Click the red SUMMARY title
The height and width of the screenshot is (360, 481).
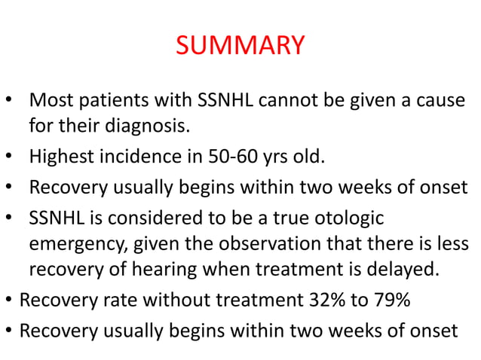[240, 46]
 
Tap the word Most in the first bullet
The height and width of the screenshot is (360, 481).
[49, 100]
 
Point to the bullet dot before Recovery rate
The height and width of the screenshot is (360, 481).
[8, 301]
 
